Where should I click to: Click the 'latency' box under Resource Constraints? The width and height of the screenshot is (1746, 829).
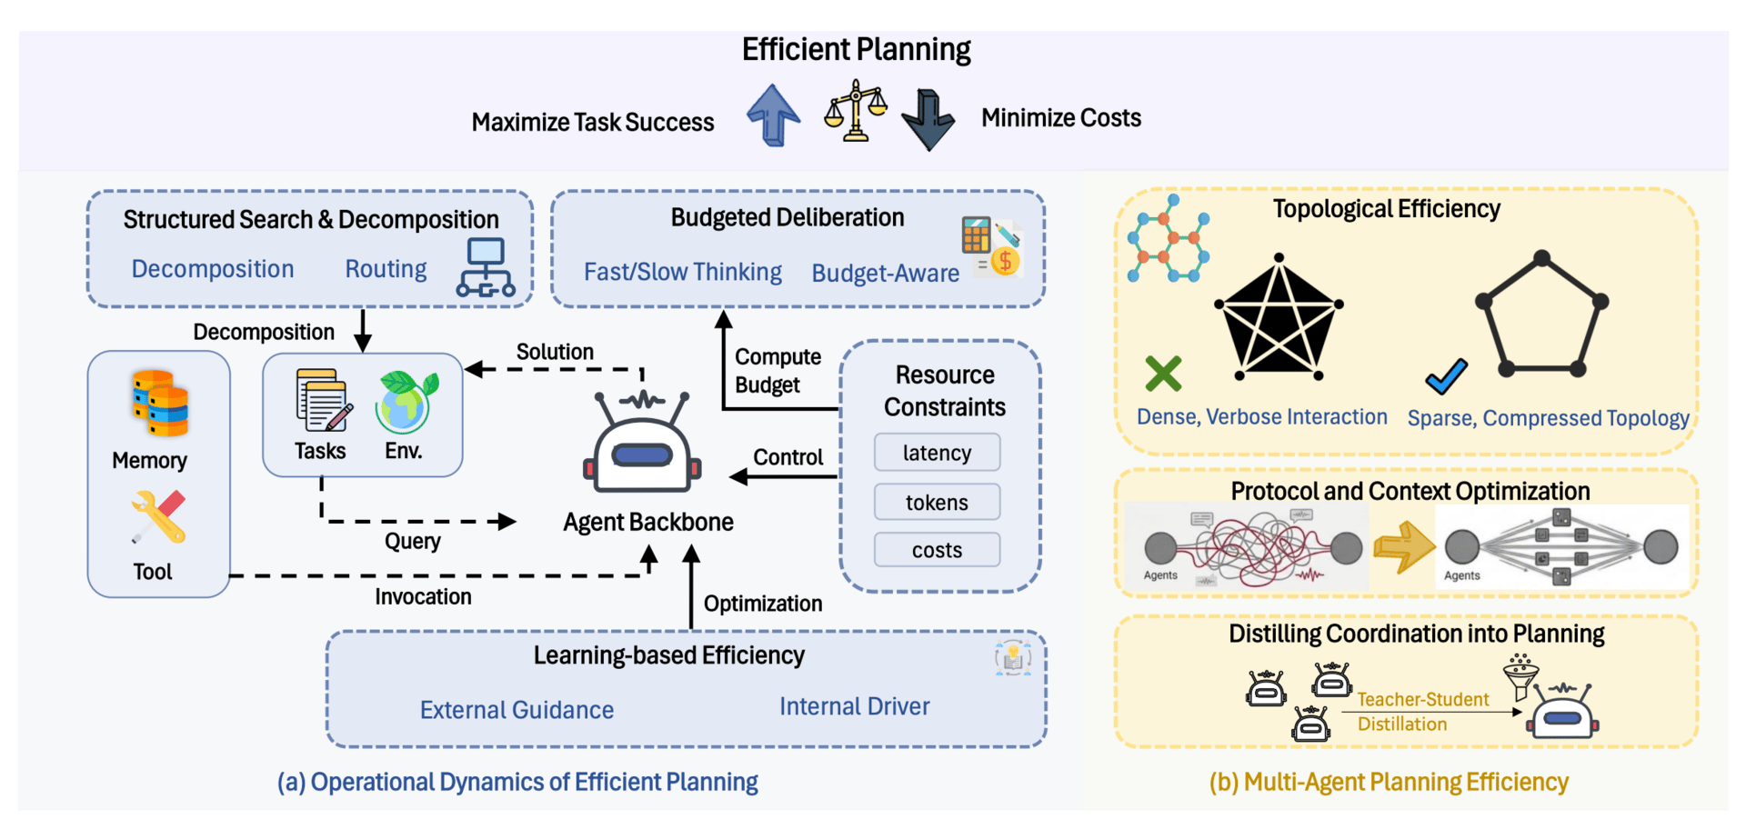pos(937,453)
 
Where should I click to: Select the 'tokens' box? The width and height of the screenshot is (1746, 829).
pos(937,502)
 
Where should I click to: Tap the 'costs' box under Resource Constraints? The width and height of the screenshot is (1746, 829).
pos(937,550)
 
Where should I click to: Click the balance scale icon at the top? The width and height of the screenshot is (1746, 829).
pos(854,111)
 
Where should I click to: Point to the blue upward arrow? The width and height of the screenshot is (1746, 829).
pos(773,115)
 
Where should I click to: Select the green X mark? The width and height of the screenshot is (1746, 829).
pos(1163,374)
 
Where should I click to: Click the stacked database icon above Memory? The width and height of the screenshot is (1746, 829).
pos(160,403)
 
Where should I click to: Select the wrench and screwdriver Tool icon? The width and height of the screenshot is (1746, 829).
pos(158,516)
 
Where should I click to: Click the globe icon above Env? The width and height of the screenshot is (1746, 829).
pos(406,401)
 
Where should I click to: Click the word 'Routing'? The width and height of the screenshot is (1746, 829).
pos(386,269)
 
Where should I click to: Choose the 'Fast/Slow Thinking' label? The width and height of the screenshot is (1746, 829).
pos(682,272)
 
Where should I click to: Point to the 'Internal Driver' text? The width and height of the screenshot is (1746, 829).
pos(854,706)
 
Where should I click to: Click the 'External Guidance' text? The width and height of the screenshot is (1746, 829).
pos(517,710)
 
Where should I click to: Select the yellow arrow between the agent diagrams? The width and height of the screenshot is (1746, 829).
pos(1403,546)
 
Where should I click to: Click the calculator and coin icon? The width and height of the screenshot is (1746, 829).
pos(992,246)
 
